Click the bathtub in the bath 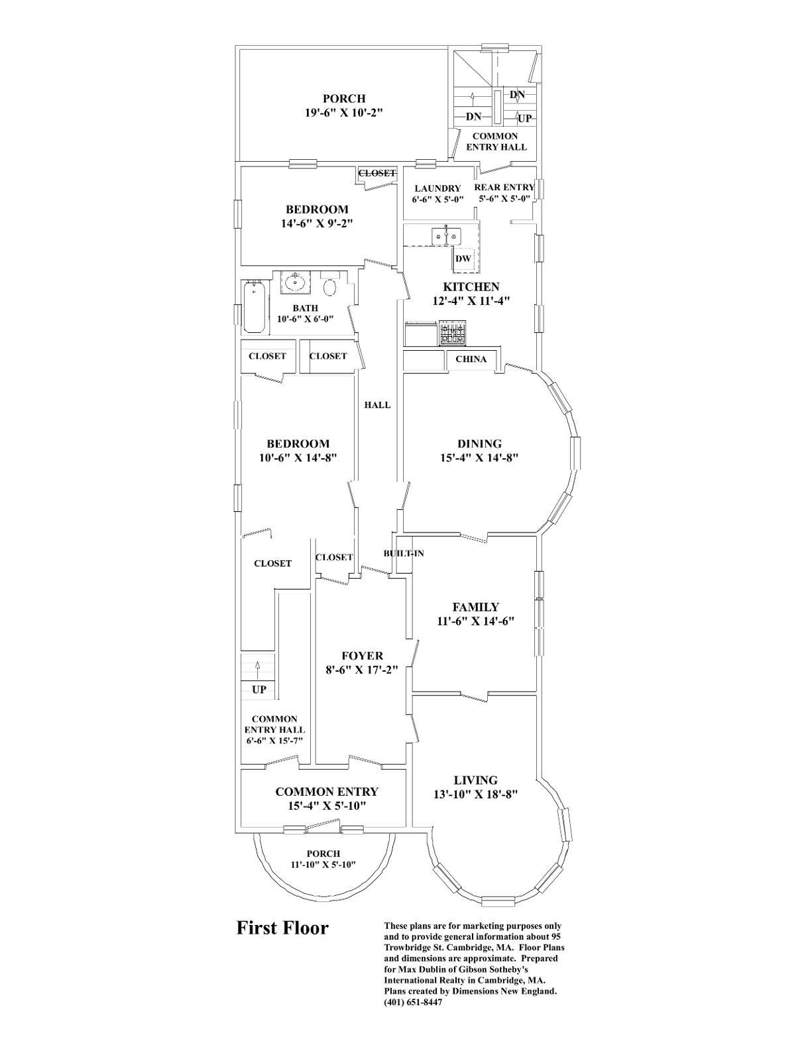click(255, 308)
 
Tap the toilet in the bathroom click(329, 286)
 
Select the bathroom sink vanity click(294, 282)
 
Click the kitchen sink click(445, 236)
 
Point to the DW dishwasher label click(463, 259)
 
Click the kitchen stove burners click(451, 333)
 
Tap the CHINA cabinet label click(471, 359)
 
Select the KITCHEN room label click(471, 287)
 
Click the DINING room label click(479, 444)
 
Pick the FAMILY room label click(475, 607)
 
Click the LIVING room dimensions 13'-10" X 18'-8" click(475, 794)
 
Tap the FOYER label click(362, 656)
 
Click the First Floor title click(282, 928)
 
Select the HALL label click(377, 405)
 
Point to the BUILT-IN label click(404, 553)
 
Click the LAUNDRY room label click(437, 188)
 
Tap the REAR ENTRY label click(504, 188)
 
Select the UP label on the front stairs click(259, 690)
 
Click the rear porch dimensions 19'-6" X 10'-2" click(343, 113)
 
